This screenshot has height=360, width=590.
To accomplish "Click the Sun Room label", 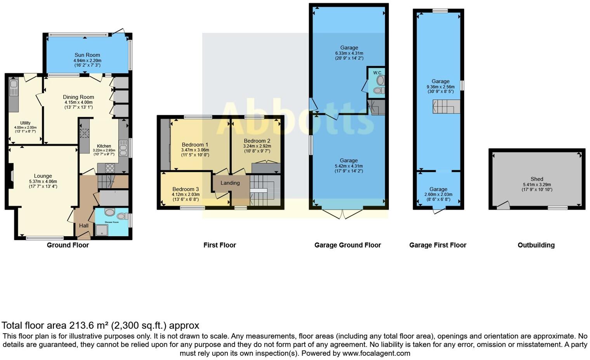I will point(87,55).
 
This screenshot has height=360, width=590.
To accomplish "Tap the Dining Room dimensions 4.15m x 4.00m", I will point(78,102).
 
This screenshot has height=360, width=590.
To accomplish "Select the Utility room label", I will point(25,123).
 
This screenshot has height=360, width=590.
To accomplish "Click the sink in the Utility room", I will point(14,84).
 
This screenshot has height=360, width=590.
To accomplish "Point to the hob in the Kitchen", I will point(110,168).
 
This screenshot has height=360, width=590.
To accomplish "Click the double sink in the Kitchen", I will point(123,148).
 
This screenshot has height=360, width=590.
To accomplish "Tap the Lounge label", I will point(43,176).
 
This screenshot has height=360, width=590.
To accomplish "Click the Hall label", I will point(84,225).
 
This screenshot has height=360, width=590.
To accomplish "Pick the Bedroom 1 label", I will point(195,145).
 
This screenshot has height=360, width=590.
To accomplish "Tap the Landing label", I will point(230,183).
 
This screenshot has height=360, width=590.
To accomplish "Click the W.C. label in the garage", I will point(378,73).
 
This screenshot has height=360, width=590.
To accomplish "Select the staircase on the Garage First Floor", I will point(446,107).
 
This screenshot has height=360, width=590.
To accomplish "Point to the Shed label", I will point(537,179).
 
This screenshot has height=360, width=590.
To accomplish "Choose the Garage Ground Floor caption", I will point(347,245).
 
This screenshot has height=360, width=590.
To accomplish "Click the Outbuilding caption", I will point(536,245).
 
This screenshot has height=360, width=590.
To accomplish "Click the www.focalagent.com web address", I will point(376,353).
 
